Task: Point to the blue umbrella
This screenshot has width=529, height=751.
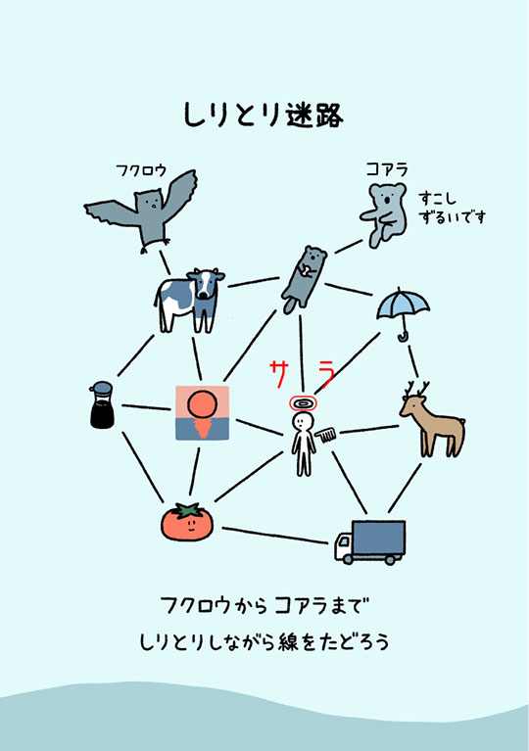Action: (403, 309)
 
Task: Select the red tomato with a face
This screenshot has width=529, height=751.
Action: (186, 521)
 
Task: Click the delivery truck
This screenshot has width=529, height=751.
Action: (368, 541)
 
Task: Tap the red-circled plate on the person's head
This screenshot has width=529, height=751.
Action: (303, 402)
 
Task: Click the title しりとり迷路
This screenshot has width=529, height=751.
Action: (264, 114)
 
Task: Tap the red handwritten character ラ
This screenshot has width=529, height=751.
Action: (326, 371)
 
